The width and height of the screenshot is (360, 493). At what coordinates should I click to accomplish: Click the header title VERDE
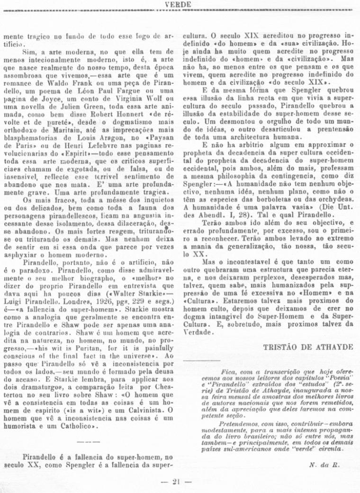click(x=178, y=4)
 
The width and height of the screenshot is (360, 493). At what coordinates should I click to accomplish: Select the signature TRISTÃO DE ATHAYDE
click(x=308, y=347)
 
